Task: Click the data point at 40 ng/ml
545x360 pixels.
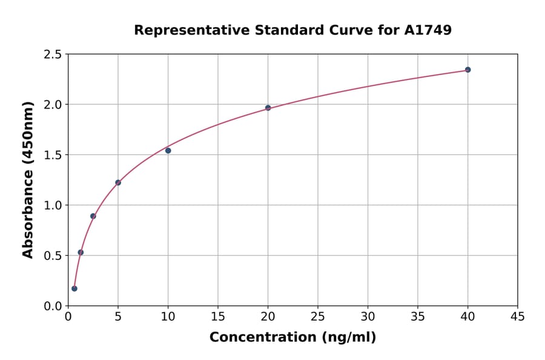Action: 467,70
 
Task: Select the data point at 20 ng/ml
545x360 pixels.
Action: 268,108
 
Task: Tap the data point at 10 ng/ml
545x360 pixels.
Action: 168,150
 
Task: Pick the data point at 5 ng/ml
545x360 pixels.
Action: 118,182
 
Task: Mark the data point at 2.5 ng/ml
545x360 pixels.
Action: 93,216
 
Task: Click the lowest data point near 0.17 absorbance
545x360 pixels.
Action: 74,288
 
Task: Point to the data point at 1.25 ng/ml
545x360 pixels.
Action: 81,252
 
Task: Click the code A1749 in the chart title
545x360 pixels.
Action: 428,30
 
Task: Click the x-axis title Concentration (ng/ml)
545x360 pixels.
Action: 292,337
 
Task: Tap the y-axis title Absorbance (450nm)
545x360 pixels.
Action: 28,179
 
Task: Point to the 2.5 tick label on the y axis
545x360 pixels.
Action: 52,55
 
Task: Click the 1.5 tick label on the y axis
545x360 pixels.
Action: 52,155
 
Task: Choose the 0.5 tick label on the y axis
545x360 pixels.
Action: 52,256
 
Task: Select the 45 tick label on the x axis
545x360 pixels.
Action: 518,316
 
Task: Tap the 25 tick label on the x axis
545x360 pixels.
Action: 318,316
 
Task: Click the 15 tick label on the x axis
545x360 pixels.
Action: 218,316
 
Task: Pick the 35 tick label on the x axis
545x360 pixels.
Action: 418,316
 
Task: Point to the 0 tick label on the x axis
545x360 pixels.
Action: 68,316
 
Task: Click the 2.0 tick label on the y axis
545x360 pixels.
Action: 52,105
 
